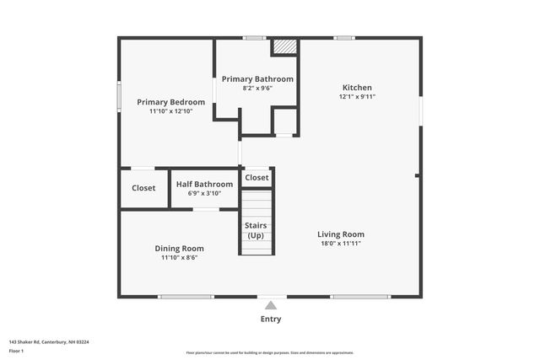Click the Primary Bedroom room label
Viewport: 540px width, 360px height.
coord(171,102)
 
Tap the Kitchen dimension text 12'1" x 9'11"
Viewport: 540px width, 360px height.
coord(357,97)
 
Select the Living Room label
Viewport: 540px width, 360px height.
coord(341,234)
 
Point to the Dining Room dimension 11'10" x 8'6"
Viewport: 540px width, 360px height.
coord(179,258)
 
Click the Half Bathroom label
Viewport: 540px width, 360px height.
coord(204,184)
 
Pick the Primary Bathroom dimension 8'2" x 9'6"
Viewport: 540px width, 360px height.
coord(257,88)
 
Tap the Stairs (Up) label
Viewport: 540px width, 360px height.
coord(256,230)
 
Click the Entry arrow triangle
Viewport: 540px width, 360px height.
coord(270,305)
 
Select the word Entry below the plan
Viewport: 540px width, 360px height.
coord(270,319)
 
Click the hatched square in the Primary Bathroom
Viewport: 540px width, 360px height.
coord(285,46)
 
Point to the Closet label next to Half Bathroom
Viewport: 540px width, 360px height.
coord(143,188)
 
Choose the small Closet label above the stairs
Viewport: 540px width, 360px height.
coord(256,177)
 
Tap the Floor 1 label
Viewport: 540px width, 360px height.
coord(17,350)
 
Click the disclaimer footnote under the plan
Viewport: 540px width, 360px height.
coord(269,352)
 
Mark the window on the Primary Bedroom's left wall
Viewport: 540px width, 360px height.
coord(118,94)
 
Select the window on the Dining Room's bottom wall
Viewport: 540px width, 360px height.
coord(186,297)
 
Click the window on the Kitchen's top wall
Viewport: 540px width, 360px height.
coord(343,37)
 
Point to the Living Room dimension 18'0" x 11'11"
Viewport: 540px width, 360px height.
coord(341,243)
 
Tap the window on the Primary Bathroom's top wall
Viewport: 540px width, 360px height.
coord(254,37)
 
